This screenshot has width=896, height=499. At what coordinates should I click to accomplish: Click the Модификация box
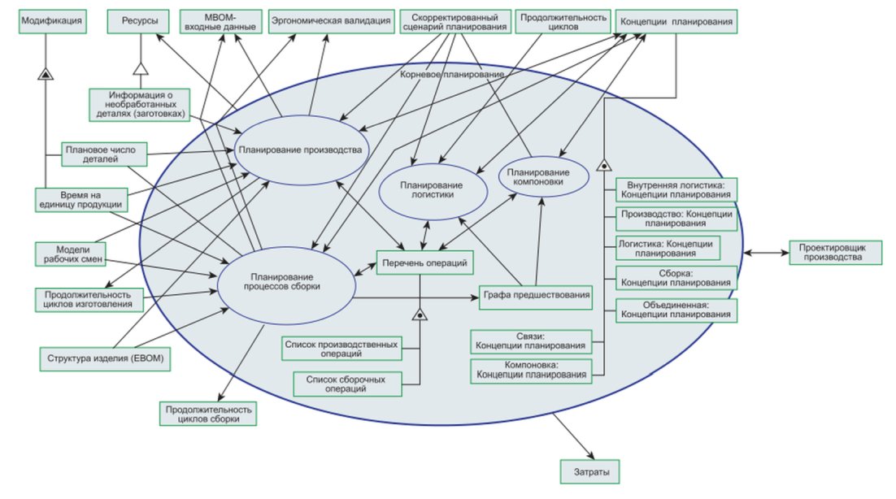point(53,22)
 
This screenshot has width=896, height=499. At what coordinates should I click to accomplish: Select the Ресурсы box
point(139,22)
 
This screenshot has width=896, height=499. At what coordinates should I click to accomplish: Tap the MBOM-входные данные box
point(221,22)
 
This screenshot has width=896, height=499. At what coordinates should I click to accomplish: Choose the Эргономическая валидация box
point(332,22)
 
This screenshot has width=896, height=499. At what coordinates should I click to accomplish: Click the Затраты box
point(589,471)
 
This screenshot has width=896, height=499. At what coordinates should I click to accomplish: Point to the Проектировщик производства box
point(836,253)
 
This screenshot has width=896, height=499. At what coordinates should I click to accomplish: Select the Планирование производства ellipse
point(301,150)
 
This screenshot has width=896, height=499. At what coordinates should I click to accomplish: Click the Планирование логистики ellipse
point(433,191)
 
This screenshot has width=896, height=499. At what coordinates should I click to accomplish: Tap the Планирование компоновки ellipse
point(543,177)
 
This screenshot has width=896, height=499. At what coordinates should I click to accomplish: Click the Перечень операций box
point(424,263)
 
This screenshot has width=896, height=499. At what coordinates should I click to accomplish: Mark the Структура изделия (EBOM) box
point(105,359)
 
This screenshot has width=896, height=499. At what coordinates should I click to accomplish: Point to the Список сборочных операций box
point(347,384)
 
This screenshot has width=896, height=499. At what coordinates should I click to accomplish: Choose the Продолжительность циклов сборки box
point(208,414)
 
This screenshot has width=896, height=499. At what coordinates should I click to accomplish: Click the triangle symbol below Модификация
point(46,73)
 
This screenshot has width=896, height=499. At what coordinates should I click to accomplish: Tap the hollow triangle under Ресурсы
point(141,68)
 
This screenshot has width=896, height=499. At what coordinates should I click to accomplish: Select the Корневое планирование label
point(452,74)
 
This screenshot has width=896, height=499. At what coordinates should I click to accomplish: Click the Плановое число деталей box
point(104,154)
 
